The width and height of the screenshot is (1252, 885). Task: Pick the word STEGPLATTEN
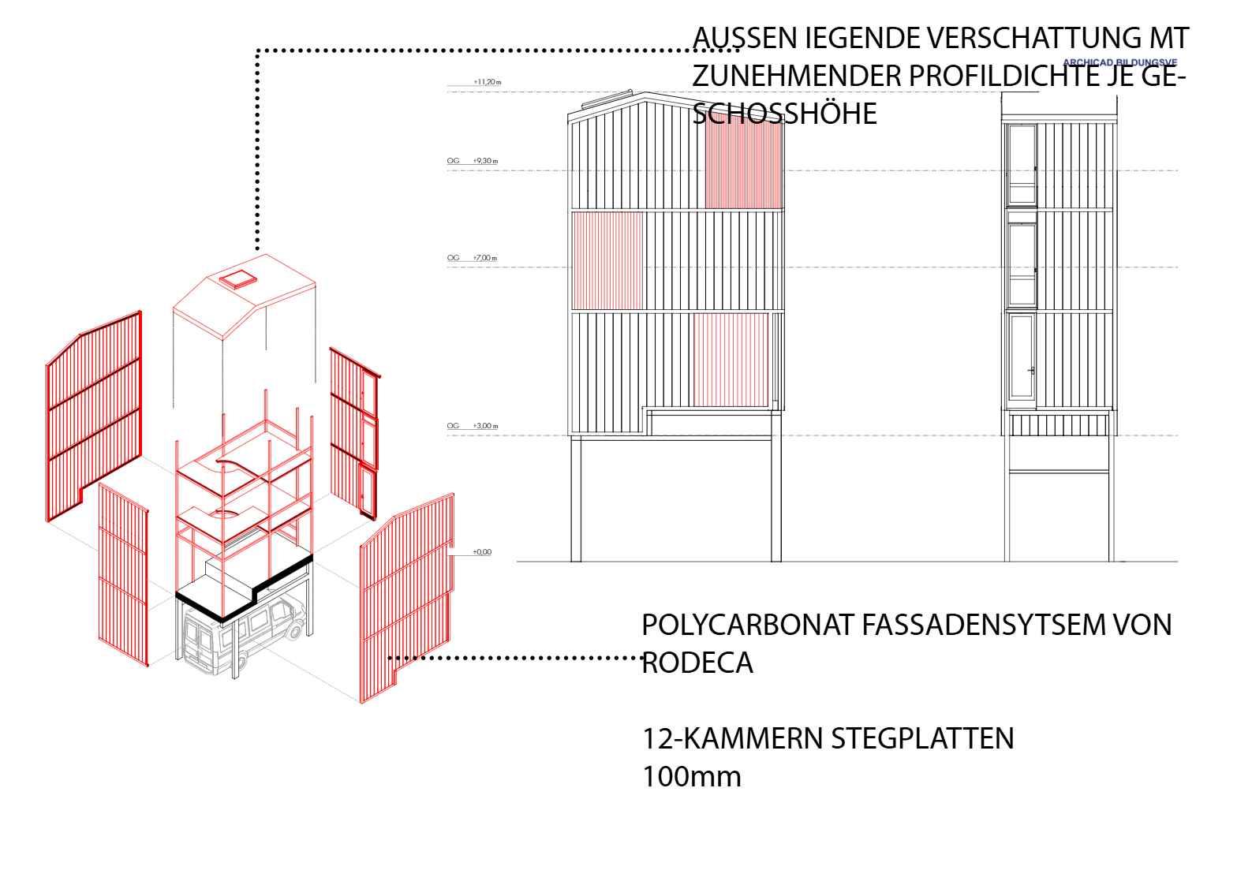coord(922,738)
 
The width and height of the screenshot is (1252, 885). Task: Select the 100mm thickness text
coord(691,776)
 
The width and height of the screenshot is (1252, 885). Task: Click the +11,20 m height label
coord(488,81)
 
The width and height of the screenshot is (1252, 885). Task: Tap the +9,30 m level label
coord(485,161)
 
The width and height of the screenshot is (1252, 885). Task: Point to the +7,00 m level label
coord(485,258)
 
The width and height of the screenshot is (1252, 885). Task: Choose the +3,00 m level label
coord(485,426)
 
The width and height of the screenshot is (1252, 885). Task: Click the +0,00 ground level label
coord(482,552)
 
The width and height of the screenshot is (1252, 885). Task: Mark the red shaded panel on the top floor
coord(742,166)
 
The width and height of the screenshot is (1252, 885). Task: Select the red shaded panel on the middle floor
coord(607,260)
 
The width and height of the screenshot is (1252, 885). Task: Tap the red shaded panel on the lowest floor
coord(731,360)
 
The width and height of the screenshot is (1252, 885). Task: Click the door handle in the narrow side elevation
coord(1031,370)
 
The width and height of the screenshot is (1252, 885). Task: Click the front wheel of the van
coord(297,629)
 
